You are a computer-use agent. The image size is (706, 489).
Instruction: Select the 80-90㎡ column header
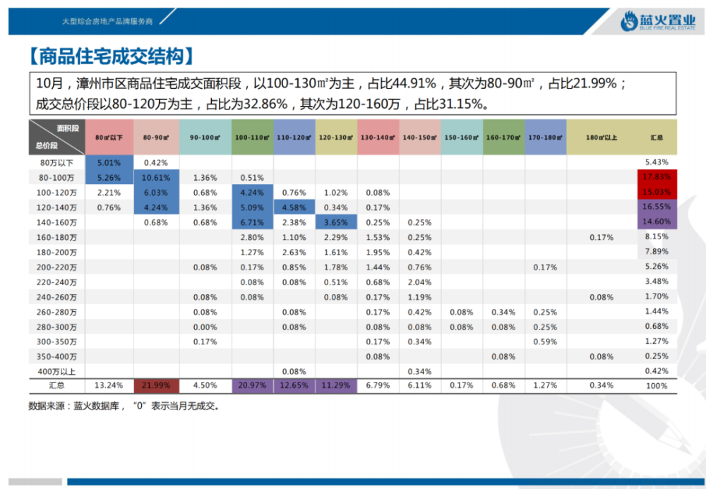(x=155, y=138)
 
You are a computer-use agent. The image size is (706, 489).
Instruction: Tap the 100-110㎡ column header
(x=252, y=138)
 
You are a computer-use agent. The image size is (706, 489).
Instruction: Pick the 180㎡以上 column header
(x=601, y=138)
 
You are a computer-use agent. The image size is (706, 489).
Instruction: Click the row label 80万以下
(x=56, y=162)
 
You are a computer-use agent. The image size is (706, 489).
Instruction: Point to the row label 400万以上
(x=56, y=371)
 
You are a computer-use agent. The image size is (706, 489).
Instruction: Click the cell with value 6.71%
(x=252, y=222)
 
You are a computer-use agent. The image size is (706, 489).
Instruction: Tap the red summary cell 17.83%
(x=657, y=177)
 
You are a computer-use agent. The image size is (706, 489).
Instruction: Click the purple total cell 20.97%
(x=252, y=386)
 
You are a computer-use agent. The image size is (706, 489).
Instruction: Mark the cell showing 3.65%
(x=336, y=222)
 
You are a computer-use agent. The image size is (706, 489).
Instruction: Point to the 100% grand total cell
(x=657, y=386)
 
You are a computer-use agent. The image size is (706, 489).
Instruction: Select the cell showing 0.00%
(x=205, y=327)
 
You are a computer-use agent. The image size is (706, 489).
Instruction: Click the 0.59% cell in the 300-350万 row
(x=545, y=342)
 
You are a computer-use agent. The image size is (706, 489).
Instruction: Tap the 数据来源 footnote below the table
(x=124, y=406)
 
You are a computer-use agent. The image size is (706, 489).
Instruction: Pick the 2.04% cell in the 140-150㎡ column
(x=419, y=282)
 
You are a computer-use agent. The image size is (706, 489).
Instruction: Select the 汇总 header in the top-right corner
(x=657, y=138)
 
